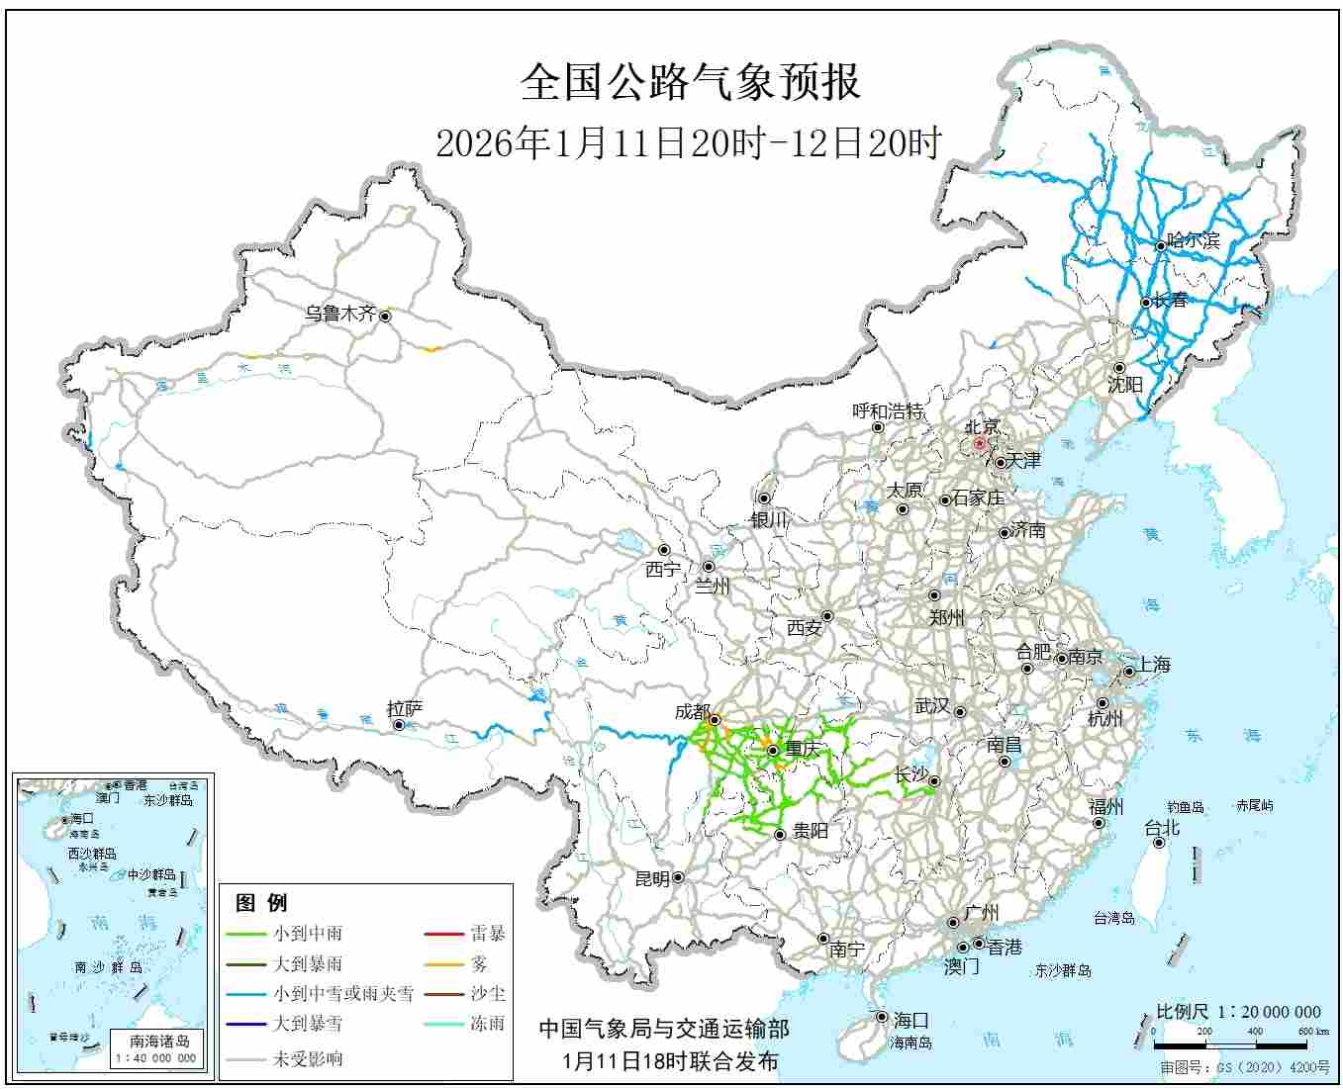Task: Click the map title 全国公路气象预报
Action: click(x=690, y=83)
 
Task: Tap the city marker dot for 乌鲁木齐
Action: click(x=385, y=317)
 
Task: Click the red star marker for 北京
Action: click(x=979, y=444)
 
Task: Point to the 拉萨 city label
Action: click(x=405, y=708)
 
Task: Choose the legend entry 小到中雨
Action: click(x=308, y=933)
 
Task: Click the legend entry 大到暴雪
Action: click(x=308, y=1024)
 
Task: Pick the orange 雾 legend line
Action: click(x=443, y=964)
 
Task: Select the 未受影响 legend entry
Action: click(x=308, y=1058)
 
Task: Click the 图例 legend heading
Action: click(x=261, y=902)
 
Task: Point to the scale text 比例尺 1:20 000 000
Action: click(x=1238, y=1012)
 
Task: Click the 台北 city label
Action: click(x=1162, y=828)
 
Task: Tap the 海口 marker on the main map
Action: click(x=881, y=1017)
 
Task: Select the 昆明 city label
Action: click(x=651, y=878)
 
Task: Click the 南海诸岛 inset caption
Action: click(x=159, y=1041)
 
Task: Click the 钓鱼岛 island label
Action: click(x=1184, y=807)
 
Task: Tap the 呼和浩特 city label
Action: click(x=888, y=410)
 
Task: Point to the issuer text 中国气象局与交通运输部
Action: click(x=664, y=1029)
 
